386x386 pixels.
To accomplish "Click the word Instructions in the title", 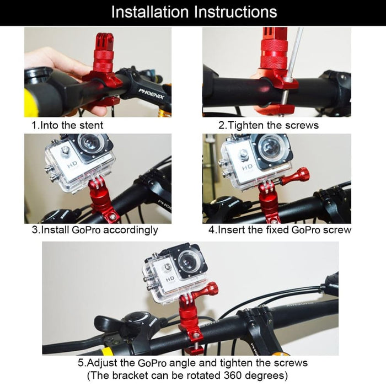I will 234,12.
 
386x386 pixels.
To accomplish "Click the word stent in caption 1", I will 90,125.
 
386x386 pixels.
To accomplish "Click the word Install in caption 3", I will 55,229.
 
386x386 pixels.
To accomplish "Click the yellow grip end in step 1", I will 31,102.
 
